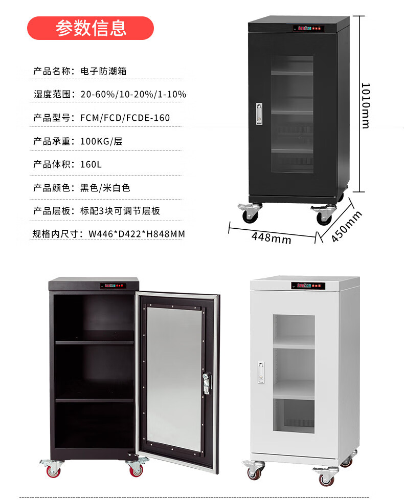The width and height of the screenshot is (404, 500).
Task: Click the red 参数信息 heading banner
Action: click(91, 28)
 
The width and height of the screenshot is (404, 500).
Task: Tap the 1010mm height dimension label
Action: click(365, 105)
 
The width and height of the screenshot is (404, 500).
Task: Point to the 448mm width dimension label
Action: click(271, 237)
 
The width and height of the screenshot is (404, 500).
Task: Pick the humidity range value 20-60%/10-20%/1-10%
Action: click(133, 94)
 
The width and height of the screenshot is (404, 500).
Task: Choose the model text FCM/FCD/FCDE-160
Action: click(125, 118)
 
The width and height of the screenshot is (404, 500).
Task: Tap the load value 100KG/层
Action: click(101, 141)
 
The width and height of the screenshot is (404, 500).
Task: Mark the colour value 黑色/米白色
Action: click(105, 188)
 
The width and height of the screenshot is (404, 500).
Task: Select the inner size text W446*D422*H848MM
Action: click(137, 234)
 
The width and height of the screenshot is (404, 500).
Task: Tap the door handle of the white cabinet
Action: click(261, 373)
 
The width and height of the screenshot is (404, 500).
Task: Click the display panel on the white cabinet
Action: click(306, 286)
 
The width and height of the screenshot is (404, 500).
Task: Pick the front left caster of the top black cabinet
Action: click(250, 213)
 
